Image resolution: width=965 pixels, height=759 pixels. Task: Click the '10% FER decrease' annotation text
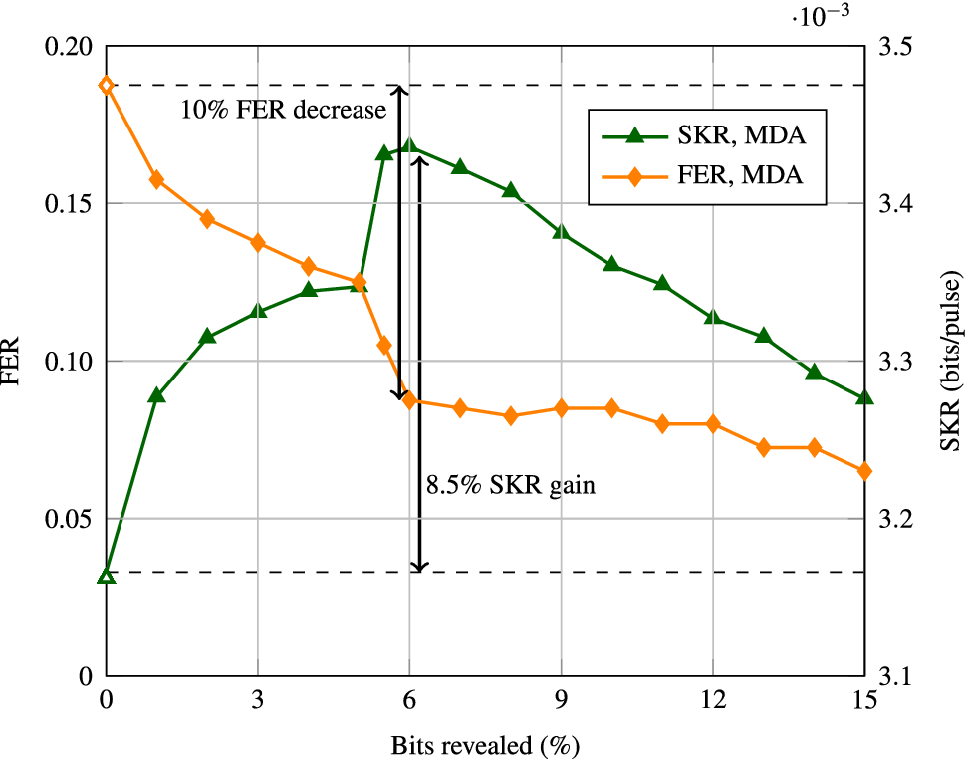(283, 110)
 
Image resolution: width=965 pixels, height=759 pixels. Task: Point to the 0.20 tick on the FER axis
(74, 47)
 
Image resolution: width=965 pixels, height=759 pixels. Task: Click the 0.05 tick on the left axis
(74, 519)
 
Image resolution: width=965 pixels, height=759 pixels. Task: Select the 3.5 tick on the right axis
(893, 47)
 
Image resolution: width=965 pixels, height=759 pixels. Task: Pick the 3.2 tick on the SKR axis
(893, 519)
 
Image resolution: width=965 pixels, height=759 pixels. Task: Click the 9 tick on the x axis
(561, 700)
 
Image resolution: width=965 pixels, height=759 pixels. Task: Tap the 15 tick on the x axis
(863, 700)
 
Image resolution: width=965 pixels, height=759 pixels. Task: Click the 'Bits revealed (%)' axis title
(485, 744)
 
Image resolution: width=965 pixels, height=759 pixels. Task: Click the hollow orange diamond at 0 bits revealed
(107, 85)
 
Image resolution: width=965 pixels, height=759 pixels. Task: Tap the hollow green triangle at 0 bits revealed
(107, 576)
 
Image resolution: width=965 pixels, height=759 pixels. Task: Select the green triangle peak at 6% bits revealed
(409, 146)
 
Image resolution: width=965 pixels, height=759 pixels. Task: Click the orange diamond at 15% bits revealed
(863, 471)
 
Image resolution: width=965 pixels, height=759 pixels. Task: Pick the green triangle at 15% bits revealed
(863, 397)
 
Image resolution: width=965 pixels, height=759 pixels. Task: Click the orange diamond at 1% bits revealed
(156, 179)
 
